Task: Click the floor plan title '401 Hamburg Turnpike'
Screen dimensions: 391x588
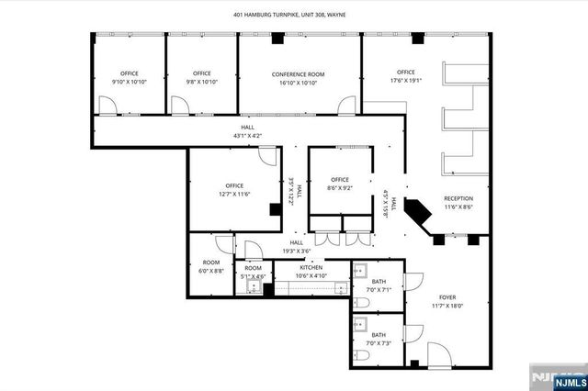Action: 294,14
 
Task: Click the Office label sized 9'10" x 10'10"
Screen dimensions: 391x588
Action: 129,73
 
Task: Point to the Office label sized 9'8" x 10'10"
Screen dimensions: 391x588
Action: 202,73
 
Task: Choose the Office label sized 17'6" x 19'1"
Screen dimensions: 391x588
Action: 405,72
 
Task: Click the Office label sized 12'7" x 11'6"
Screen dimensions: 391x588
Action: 234,185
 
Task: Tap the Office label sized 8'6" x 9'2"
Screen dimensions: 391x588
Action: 340,179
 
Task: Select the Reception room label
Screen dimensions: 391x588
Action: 458,198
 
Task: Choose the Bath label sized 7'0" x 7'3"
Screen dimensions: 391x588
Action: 379,335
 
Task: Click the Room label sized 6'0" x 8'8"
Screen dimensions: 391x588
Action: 211,262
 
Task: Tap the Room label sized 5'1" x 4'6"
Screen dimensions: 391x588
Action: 253,268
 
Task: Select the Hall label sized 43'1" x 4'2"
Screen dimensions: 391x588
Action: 248,128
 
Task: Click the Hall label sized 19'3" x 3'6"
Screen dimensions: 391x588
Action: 296,242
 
